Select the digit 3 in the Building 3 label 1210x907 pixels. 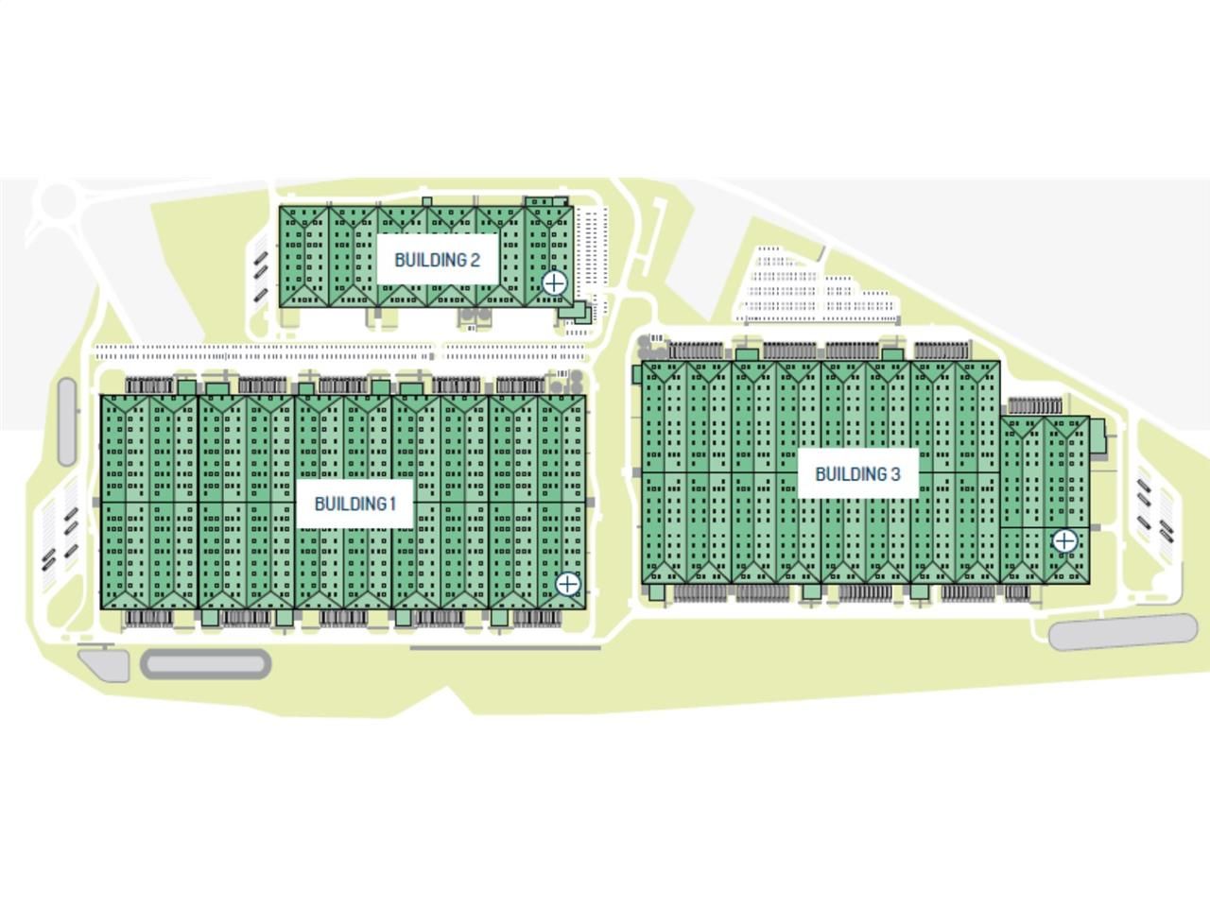895,474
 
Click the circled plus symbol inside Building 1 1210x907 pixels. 567,584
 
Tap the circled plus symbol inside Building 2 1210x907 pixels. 554,282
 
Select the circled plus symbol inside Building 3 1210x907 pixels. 1064,541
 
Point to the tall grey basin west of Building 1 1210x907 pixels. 67,422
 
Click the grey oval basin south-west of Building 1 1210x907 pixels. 206,663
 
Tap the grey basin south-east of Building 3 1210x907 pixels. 1123,632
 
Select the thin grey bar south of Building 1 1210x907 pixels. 505,647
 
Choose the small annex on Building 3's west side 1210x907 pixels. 638,374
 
